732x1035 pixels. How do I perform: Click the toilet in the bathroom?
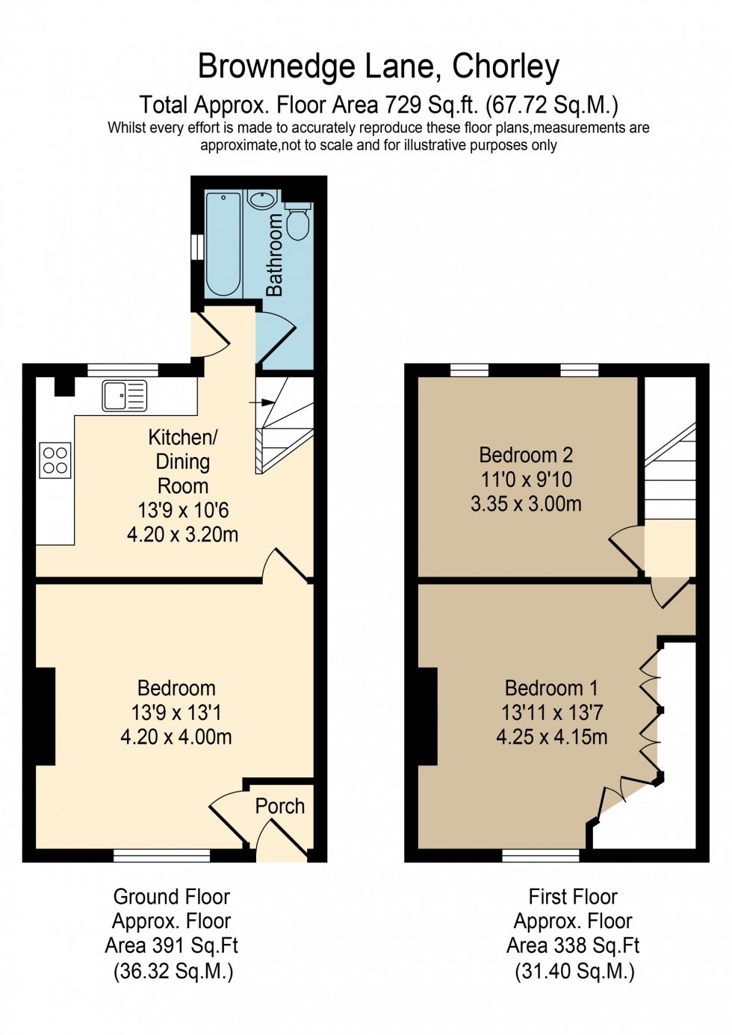pos(298,221)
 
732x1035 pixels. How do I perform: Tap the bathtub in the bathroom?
pos(223,243)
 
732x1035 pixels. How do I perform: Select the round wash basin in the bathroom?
pos(262,199)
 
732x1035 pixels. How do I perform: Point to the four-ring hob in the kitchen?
pos(55,460)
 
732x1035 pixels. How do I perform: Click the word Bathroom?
pos(274,255)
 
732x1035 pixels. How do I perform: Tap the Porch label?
pos(280,806)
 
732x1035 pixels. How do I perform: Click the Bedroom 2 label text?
pos(526,455)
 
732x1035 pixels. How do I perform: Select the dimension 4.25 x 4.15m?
pos(552,737)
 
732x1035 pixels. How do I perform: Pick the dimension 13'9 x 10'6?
pos(183,511)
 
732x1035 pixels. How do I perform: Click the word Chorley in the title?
pos(506,66)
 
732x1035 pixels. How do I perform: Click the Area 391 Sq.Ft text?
pos(172,945)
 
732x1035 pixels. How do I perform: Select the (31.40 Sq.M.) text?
pos(574,971)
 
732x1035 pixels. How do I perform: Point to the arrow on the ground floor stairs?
pos(261,402)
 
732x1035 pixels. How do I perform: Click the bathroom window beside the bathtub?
pos(196,247)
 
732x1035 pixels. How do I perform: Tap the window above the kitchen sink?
pos(122,369)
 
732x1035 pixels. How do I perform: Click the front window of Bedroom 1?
pos(540,856)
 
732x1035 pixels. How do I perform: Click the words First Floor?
pos(573,896)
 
